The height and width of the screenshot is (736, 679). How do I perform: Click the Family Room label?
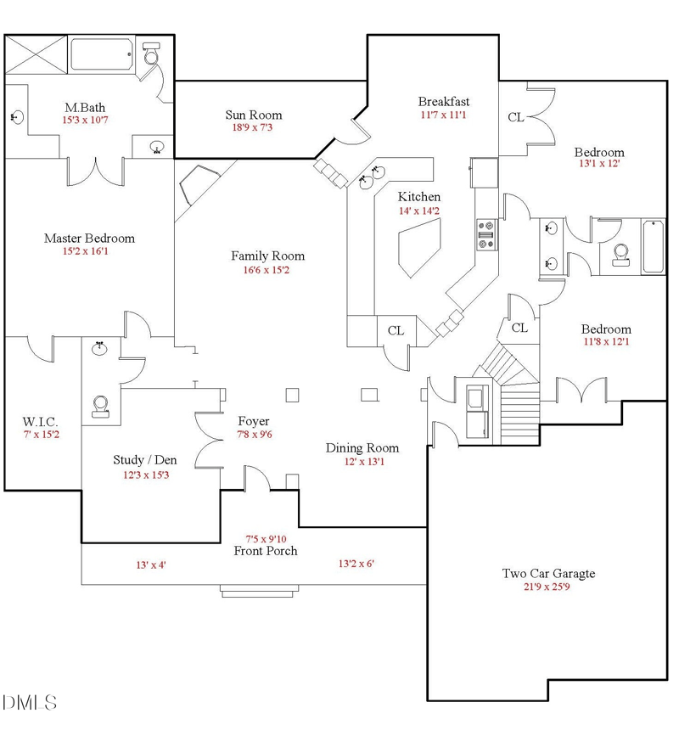tap(267, 256)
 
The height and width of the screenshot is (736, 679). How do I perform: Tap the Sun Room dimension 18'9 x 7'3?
tap(252, 127)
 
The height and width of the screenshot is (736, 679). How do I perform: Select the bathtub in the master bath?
tap(102, 54)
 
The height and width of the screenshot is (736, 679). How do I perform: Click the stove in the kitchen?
tap(486, 234)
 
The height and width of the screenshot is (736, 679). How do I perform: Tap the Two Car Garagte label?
tap(548, 573)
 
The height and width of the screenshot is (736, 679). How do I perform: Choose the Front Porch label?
tap(266, 551)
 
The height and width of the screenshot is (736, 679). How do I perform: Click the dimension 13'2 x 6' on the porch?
tap(356, 564)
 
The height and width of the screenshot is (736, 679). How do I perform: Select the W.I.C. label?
tap(41, 421)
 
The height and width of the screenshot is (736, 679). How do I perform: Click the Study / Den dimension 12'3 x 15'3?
tap(146, 475)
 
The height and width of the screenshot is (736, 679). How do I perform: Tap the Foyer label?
tap(254, 421)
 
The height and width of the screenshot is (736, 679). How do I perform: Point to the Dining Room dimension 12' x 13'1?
tap(364, 462)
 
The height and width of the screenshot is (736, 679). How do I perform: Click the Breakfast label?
tap(444, 101)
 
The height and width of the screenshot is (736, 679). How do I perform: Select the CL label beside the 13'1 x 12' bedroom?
tap(516, 117)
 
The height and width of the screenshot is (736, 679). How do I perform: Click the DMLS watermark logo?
tap(30, 703)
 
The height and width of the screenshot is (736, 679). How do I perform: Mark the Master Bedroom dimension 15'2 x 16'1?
tap(86, 251)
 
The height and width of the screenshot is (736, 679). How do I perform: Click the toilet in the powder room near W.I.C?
tap(100, 407)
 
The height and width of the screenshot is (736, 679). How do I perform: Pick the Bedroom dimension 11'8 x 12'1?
tap(606, 341)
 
